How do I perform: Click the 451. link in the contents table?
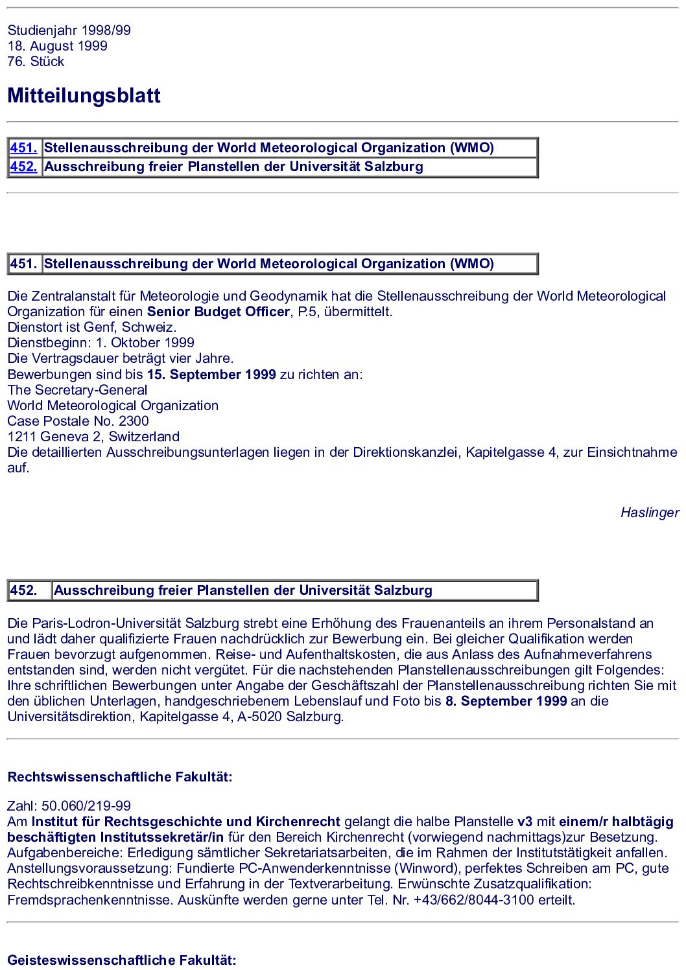tap(23, 148)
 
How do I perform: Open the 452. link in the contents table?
tap(23, 167)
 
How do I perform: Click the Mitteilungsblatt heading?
tap(84, 96)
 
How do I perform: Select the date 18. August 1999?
tap(57, 46)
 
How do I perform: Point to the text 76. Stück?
tap(36, 62)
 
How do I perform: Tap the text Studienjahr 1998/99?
tap(69, 30)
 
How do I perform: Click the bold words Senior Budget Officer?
tap(218, 312)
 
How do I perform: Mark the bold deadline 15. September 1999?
tap(211, 375)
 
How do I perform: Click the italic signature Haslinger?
tap(649, 513)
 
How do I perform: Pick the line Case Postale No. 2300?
tap(78, 421)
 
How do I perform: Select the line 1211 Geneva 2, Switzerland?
tap(93, 437)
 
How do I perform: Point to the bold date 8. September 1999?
tap(506, 701)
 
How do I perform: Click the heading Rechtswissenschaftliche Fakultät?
tap(120, 777)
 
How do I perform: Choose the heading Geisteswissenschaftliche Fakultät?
tap(122, 960)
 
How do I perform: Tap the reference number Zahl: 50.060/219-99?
tap(69, 806)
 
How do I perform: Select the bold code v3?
tap(525, 822)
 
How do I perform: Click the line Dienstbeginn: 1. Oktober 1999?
tap(101, 343)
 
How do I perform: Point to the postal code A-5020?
tap(261, 717)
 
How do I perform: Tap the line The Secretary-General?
tap(77, 390)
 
